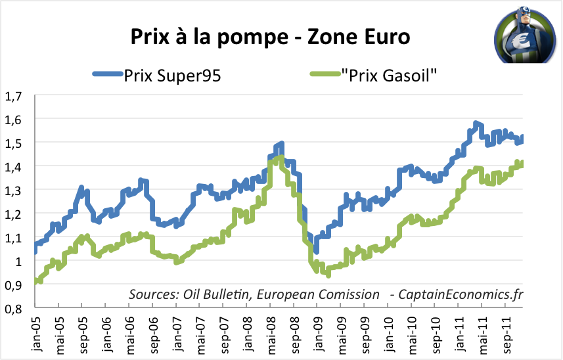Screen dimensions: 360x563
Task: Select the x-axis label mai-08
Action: tap(269, 335)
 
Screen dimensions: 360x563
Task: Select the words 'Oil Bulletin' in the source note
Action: tap(212, 294)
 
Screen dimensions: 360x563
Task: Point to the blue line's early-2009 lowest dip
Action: tap(316, 250)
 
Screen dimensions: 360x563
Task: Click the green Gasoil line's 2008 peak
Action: tap(281, 157)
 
